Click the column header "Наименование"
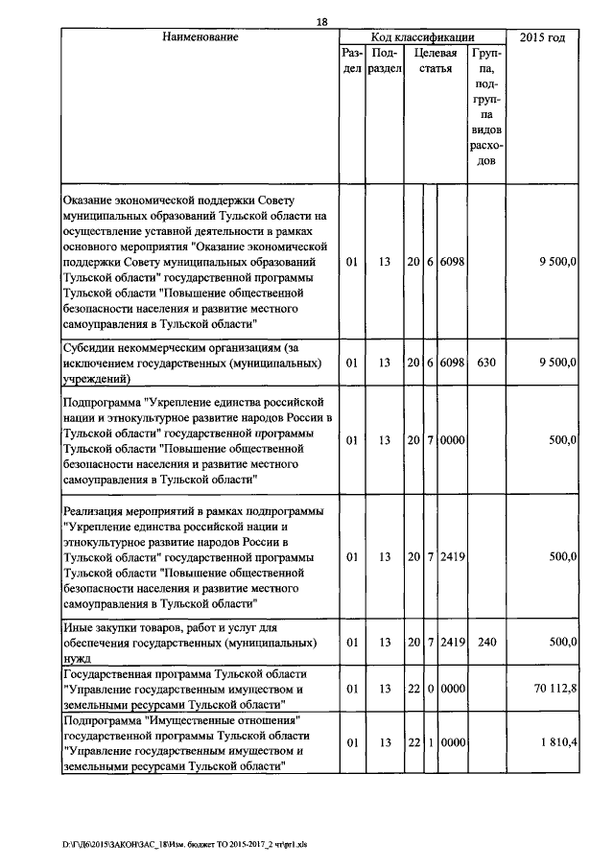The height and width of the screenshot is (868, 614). [x=200, y=37]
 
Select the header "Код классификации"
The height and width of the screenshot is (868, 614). [x=421, y=37]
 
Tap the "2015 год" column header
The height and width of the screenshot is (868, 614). [x=541, y=37]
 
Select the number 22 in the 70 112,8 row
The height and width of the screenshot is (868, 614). [x=413, y=688]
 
